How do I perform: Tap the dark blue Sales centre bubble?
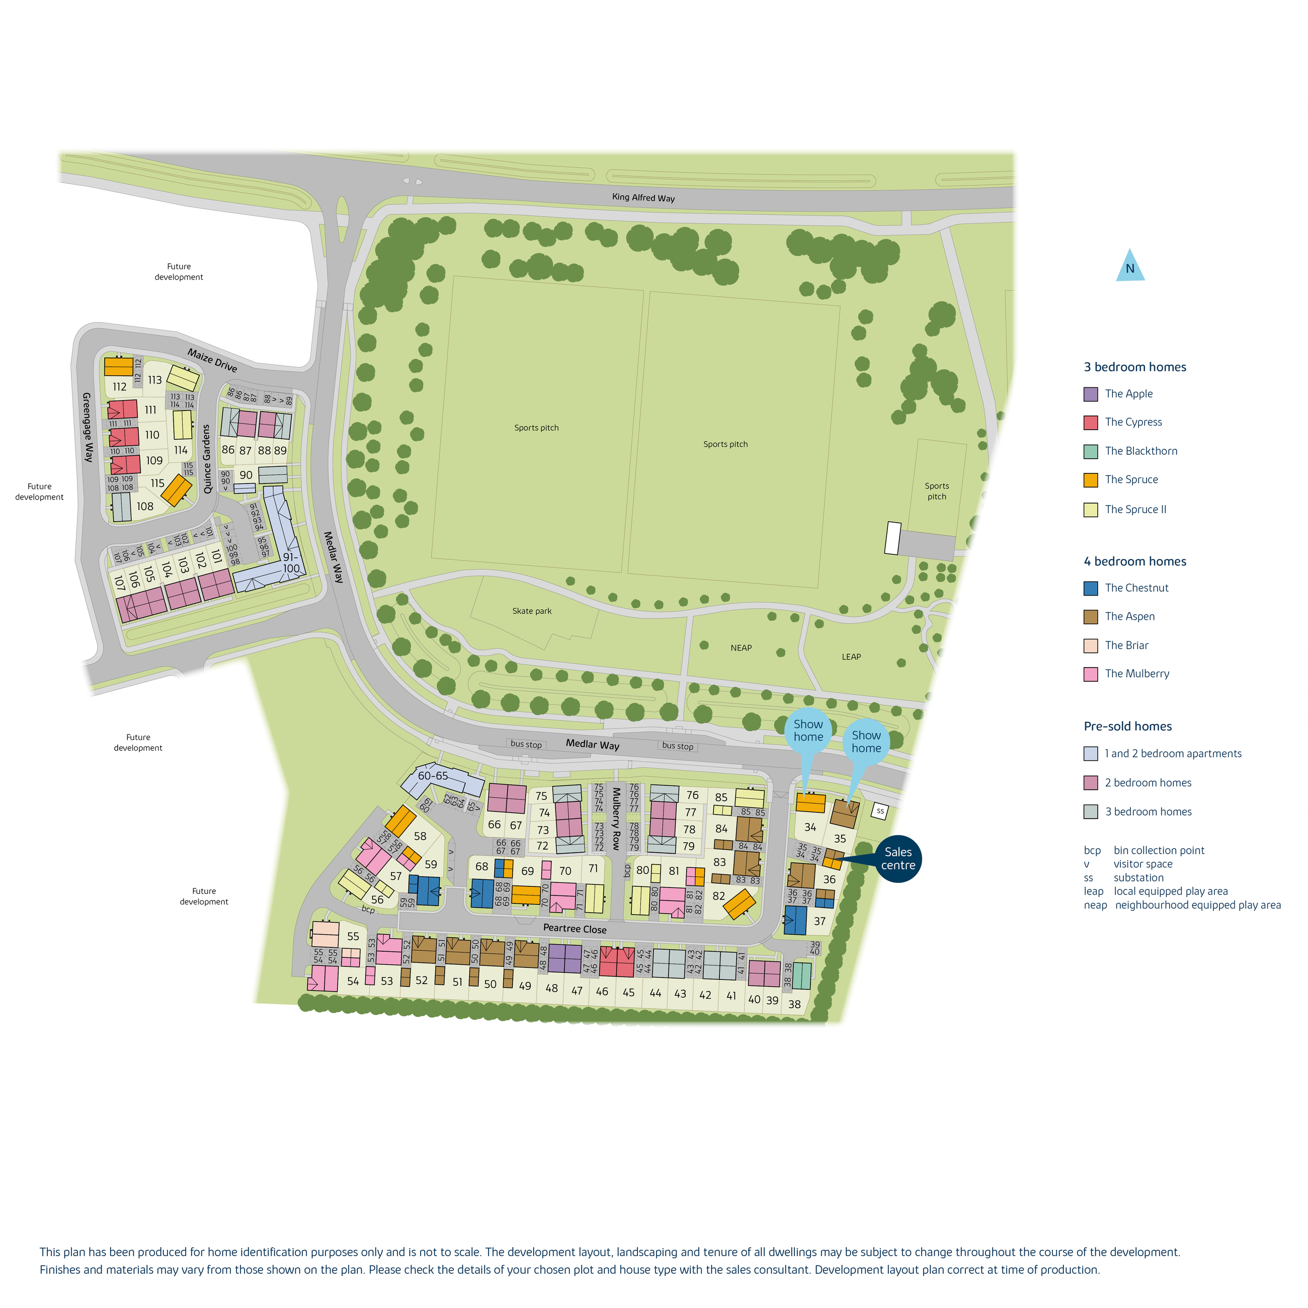point(897,858)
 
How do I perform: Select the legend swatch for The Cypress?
point(1090,423)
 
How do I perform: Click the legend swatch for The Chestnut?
point(1090,588)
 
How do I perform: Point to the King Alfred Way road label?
point(643,198)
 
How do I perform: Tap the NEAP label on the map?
point(741,648)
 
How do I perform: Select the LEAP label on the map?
point(851,657)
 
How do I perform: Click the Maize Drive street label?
point(213,360)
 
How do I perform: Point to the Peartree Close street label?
point(575,928)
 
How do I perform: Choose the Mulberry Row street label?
point(616,818)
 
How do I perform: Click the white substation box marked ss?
point(879,810)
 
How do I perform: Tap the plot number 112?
point(120,386)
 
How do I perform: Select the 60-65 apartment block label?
point(433,776)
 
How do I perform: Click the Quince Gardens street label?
point(207,459)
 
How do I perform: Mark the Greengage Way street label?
point(88,427)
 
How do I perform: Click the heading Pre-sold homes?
point(1127,726)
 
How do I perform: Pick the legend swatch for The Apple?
point(1090,394)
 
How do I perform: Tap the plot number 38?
point(794,1005)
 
